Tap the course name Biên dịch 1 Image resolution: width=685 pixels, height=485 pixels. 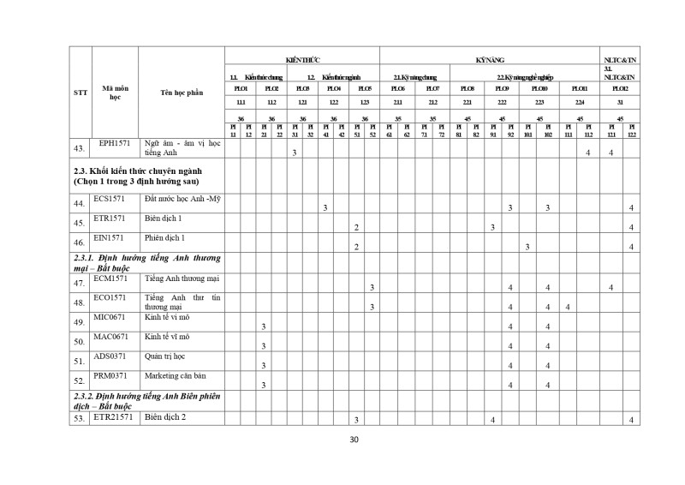(x=165, y=219)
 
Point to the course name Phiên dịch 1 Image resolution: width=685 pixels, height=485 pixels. (x=166, y=237)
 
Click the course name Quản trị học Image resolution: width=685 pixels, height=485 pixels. (x=165, y=356)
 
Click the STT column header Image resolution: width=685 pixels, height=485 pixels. (x=80, y=93)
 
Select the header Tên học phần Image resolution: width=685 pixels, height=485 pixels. (x=181, y=93)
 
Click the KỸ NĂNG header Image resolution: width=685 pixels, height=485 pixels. (x=489, y=60)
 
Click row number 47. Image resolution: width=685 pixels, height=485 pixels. (x=80, y=284)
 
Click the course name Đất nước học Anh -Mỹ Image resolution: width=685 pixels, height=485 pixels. (x=182, y=199)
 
